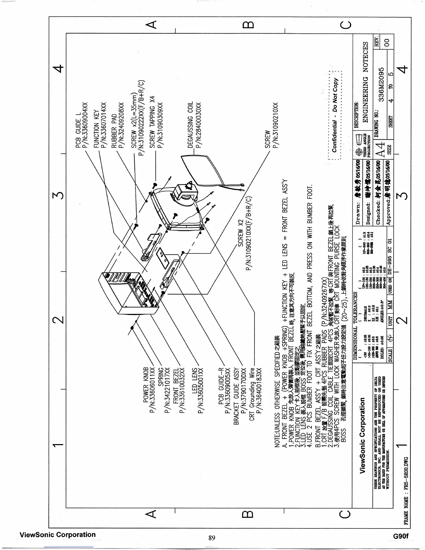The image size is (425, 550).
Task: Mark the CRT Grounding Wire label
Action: [252, 393]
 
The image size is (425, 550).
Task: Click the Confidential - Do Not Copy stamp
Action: [335, 115]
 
